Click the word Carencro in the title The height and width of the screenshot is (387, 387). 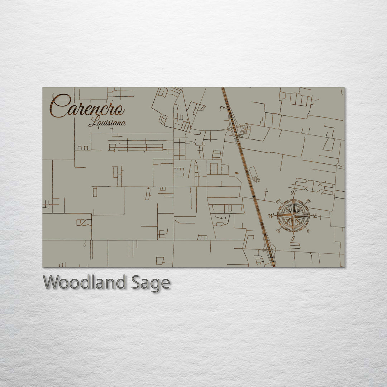pyautogui.click(x=87, y=106)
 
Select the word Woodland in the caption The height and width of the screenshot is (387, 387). pyautogui.click(x=85, y=283)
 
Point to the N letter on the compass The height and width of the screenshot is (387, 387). pyautogui.click(x=294, y=193)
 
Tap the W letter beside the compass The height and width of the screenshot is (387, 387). pyautogui.click(x=271, y=216)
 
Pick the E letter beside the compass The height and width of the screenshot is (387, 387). pyautogui.click(x=315, y=216)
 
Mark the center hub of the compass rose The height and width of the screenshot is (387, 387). pyautogui.click(x=293, y=216)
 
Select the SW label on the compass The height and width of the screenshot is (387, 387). pyautogui.click(x=278, y=230)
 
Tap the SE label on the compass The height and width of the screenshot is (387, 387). pyautogui.click(x=309, y=230)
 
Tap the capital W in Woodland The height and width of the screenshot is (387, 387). pyautogui.click(x=51, y=283)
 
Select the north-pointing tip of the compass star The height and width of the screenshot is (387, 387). pyautogui.click(x=293, y=197)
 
